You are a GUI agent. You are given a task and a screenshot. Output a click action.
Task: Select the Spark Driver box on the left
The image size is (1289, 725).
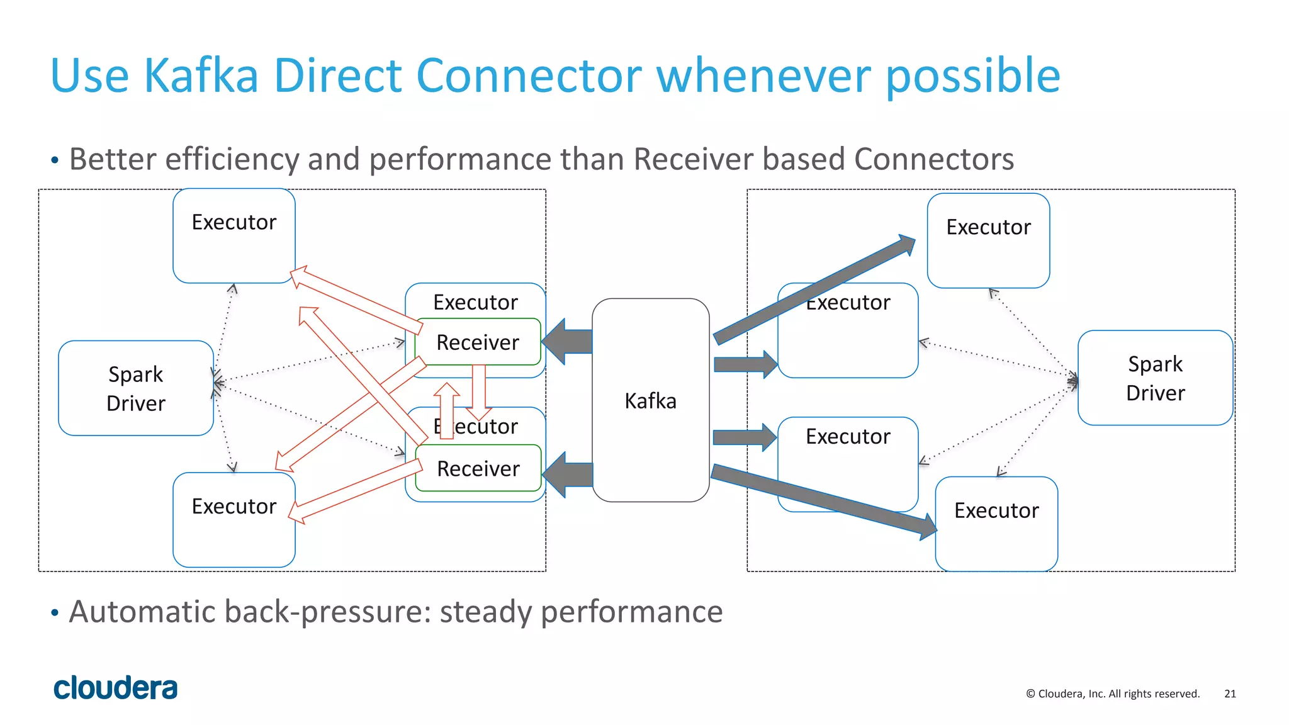pyautogui.click(x=136, y=388)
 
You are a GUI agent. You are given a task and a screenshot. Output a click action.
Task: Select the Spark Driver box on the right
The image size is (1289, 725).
pyautogui.click(x=1155, y=378)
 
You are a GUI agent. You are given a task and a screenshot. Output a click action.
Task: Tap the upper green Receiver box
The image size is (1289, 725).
pyautogui.click(x=478, y=342)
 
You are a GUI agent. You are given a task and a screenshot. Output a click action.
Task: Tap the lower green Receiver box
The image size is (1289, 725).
pyautogui.click(x=478, y=469)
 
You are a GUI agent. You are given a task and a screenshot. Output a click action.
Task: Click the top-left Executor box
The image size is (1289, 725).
pyautogui.click(x=234, y=236)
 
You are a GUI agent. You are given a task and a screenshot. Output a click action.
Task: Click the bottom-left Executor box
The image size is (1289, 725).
pyautogui.click(x=234, y=520)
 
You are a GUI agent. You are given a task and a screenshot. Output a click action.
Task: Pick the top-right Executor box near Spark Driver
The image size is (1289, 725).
pyautogui.click(x=988, y=241)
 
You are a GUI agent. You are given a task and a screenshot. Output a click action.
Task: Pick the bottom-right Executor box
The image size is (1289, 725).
pyautogui.click(x=996, y=524)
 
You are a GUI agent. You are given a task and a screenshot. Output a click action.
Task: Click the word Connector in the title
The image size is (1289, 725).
pyautogui.click(x=529, y=76)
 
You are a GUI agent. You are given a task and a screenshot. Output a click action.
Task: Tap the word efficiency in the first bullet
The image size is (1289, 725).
pyautogui.click(x=232, y=159)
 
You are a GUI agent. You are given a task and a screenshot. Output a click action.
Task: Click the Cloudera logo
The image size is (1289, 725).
pyautogui.click(x=116, y=688)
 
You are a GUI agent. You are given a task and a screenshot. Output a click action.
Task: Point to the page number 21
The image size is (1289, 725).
pyautogui.click(x=1230, y=694)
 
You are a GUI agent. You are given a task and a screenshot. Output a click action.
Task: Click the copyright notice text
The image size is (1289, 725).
pyautogui.click(x=1113, y=694)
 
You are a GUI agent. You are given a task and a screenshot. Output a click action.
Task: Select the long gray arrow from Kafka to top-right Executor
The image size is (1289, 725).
pyautogui.click(x=815, y=289)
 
